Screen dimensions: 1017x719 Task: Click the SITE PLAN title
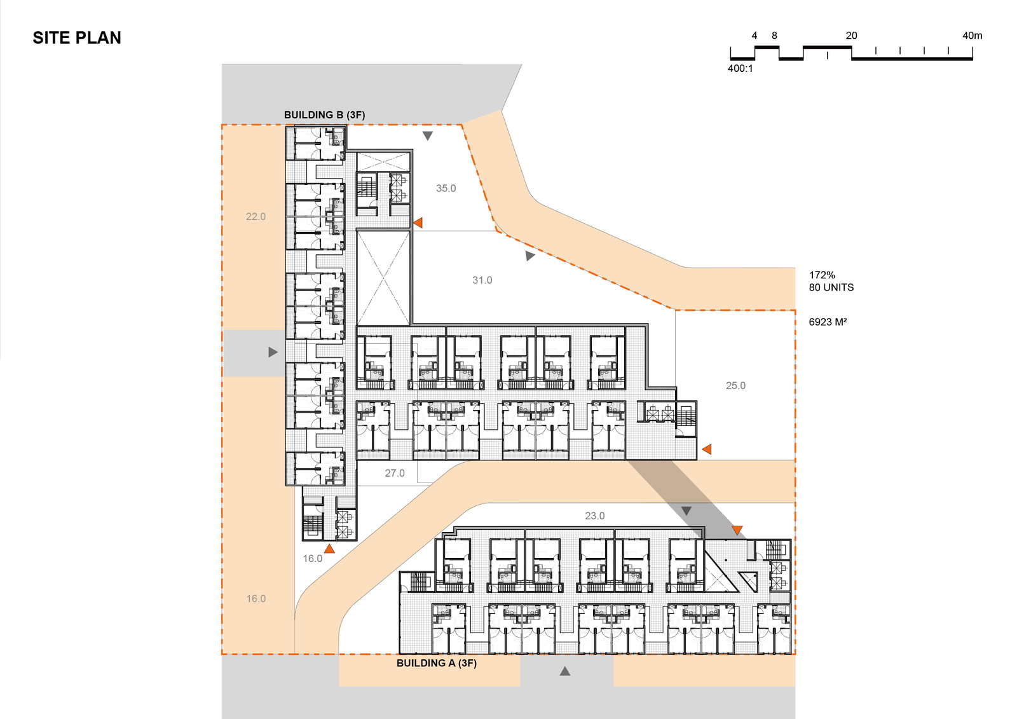click(x=77, y=38)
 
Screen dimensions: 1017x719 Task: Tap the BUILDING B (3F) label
click(x=324, y=115)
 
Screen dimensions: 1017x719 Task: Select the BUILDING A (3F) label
click(x=436, y=663)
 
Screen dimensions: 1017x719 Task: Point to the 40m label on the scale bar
click(x=972, y=36)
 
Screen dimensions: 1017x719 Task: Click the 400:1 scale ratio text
click(x=740, y=69)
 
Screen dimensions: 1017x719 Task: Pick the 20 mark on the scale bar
click(x=851, y=36)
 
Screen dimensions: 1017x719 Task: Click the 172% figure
click(x=822, y=275)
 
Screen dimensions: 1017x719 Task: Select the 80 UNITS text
click(x=831, y=287)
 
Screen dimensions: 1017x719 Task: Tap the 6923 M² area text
click(x=828, y=322)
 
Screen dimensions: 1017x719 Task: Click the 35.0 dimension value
click(x=446, y=188)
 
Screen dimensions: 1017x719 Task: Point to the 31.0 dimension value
click(x=482, y=280)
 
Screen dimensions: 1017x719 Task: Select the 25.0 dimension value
click(x=735, y=386)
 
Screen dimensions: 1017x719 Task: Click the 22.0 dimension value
click(x=256, y=217)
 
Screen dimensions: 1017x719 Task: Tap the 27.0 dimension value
click(x=395, y=473)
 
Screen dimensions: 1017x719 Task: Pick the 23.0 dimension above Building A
click(x=595, y=516)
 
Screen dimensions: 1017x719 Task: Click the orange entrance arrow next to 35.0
click(x=418, y=223)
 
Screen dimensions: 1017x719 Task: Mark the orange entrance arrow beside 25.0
click(x=706, y=449)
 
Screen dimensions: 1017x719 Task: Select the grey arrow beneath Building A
click(x=565, y=671)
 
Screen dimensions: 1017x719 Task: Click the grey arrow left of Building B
click(x=273, y=352)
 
